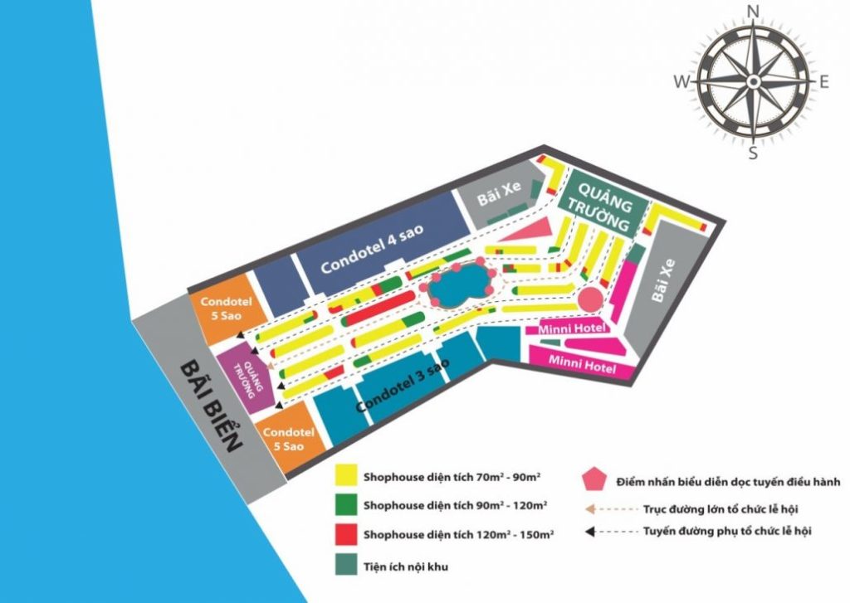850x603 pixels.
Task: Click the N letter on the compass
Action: pyautogui.click(x=754, y=11)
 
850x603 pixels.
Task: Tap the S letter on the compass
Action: pyautogui.click(x=753, y=152)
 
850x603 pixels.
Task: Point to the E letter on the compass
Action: pyautogui.click(x=824, y=81)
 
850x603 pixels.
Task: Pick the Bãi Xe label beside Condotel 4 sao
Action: pyautogui.click(x=500, y=199)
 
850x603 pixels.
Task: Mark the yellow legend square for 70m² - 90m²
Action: pyautogui.click(x=346, y=476)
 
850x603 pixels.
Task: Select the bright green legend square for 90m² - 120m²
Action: pyautogui.click(x=346, y=504)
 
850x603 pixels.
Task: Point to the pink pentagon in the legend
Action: pyautogui.click(x=594, y=479)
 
